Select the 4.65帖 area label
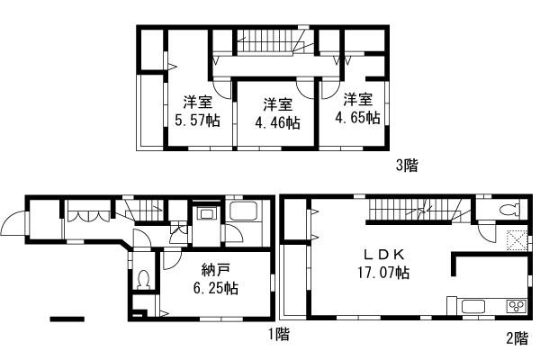pos(357,117)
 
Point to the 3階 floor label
pos(407,166)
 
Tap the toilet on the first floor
pos(143,279)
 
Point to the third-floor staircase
pos(269,40)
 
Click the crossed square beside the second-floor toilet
pos(516,239)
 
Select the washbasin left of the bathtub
pos(205,215)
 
